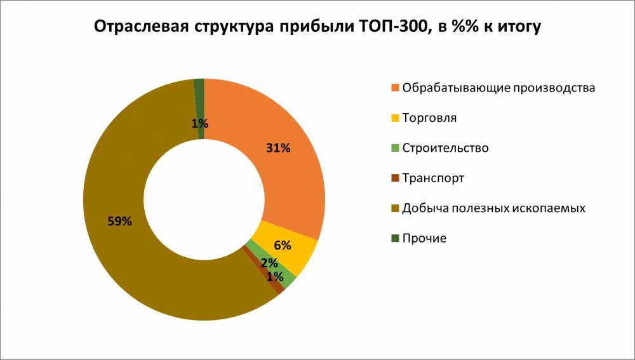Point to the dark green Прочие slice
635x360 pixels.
tap(199, 95)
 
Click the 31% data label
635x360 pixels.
tap(278, 149)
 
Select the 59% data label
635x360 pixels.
tap(119, 222)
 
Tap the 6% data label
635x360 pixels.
tap(283, 245)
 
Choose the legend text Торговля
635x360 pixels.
tap(429, 118)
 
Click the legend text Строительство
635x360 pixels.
tap(445, 148)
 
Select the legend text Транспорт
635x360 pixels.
tap(433, 178)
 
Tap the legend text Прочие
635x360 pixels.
tap(424, 238)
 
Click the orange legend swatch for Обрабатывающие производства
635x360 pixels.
tap(395, 88)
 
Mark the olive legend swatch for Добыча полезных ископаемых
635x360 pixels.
tap(395, 208)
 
